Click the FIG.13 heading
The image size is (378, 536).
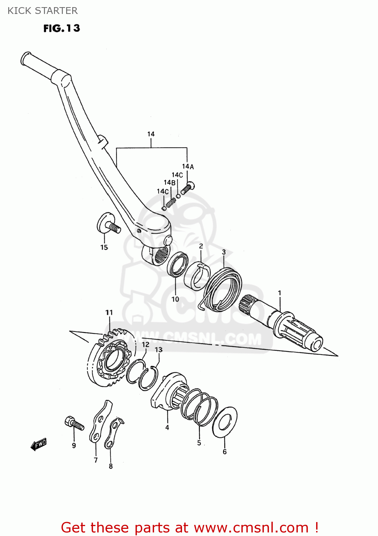62,28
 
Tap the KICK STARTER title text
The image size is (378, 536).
43,11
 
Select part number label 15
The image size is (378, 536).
104,247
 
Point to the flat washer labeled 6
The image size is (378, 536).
225,422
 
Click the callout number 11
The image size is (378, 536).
109,312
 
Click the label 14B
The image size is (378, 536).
170,183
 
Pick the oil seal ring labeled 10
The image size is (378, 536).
178,265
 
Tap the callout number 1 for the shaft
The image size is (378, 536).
280,293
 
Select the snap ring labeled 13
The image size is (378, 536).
148,378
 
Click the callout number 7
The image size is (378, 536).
95,460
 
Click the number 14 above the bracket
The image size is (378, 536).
151,134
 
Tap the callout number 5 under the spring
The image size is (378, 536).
199,443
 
